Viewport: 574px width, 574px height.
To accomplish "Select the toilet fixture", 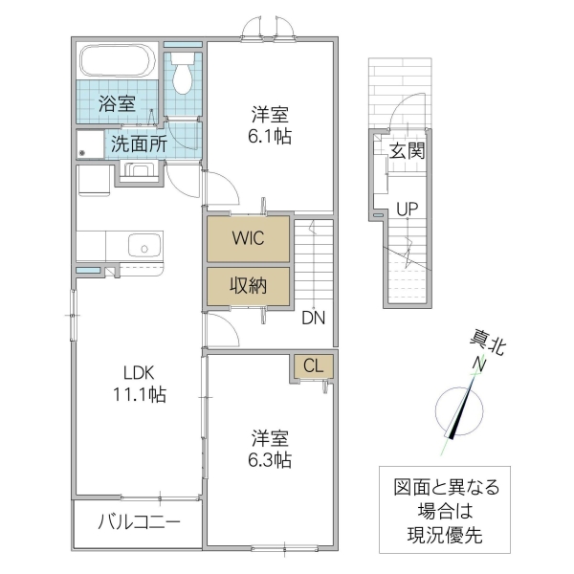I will pyautogui.click(x=183, y=75).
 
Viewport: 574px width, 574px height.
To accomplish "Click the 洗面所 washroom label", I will pyautogui.click(x=138, y=145).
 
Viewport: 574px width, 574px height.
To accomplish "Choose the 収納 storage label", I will pyautogui.click(x=247, y=285).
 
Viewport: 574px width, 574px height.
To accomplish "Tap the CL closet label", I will pyautogui.click(x=313, y=364).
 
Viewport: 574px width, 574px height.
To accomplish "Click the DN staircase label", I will pyautogui.click(x=313, y=318).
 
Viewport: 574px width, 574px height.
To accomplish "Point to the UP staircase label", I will pyautogui.click(x=408, y=209).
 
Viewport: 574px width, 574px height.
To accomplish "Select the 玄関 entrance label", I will pyautogui.click(x=407, y=150).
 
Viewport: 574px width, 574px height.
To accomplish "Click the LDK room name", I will pyautogui.click(x=137, y=373).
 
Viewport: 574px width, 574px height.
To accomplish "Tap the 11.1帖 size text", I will pyautogui.click(x=137, y=394).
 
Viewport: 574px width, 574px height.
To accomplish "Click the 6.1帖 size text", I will pyautogui.click(x=270, y=137).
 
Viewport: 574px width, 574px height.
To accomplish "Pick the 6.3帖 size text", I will pyautogui.click(x=271, y=460).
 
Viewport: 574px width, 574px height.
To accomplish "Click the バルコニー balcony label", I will pyautogui.click(x=138, y=522).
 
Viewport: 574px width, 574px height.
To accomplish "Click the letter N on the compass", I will pyautogui.click(x=477, y=365).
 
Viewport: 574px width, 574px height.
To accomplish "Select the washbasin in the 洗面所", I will pyautogui.click(x=140, y=172).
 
